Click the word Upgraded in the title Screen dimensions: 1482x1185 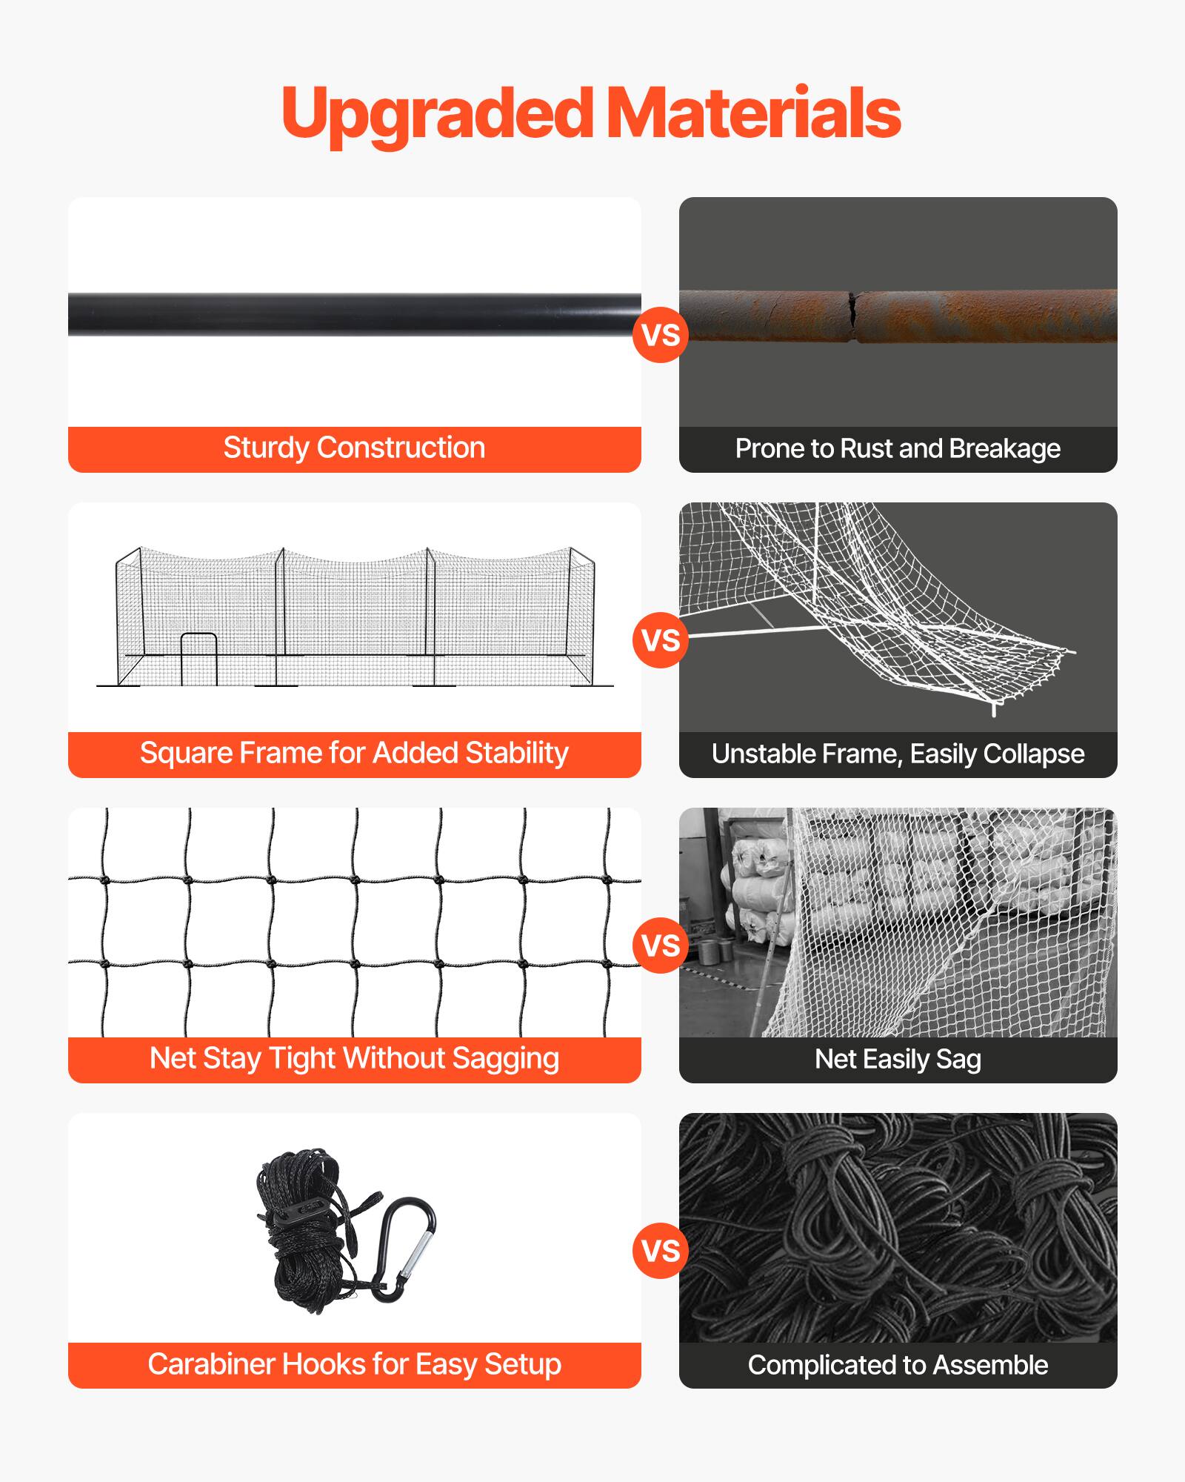[x=437, y=113]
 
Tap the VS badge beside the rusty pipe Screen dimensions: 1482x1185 [x=661, y=335]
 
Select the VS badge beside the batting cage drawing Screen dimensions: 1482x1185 [x=661, y=640]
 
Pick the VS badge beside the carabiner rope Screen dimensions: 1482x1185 [x=661, y=1251]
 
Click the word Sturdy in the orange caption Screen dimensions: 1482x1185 [x=267, y=448]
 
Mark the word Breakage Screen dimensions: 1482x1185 [x=1004, y=449]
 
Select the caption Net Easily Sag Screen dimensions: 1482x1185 [x=898, y=1060]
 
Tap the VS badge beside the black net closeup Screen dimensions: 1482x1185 [x=661, y=946]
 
